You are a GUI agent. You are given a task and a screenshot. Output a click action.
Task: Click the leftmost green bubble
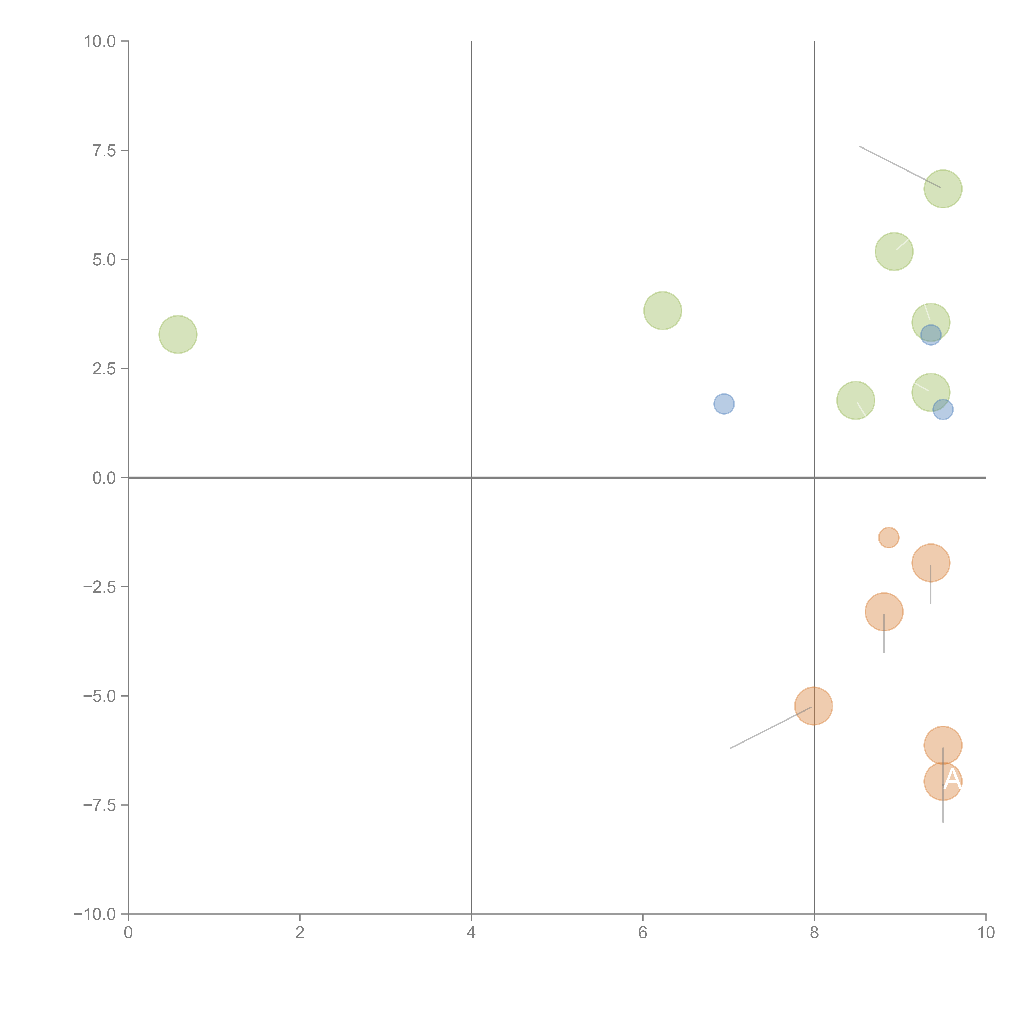click(x=178, y=334)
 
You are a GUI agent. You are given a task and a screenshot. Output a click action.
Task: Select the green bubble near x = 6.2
click(x=662, y=310)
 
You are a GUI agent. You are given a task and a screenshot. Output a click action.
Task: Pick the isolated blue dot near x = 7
click(x=724, y=404)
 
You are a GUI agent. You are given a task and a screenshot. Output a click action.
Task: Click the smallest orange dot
click(x=889, y=537)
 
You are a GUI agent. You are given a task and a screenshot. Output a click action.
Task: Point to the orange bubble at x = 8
click(x=813, y=706)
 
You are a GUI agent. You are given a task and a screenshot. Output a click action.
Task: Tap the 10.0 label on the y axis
click(x=100, y=41)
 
